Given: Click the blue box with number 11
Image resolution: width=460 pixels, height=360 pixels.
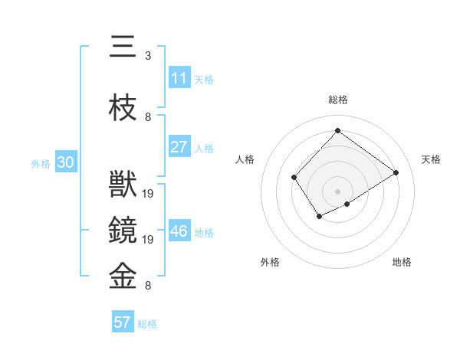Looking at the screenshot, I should click(x=179, y=78).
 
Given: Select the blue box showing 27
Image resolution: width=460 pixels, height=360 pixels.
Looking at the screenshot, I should click(x=179, y=147).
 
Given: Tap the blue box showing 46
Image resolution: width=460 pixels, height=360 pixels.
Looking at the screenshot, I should click(x=179, y=231).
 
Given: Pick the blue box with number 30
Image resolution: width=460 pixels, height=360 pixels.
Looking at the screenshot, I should click(x=65, y=162).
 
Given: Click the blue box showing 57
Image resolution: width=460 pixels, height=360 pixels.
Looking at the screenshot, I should click(x=123, y=322).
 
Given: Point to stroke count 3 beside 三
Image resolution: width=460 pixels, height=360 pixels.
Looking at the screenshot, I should click(x=148, y=56).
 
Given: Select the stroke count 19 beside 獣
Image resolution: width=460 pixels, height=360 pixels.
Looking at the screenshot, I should click(x=149, y=194).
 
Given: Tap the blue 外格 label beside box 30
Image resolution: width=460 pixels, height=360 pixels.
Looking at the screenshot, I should click(x=41, y=163).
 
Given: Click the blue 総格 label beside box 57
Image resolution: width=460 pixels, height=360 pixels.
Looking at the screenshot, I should click(x=147, y=323).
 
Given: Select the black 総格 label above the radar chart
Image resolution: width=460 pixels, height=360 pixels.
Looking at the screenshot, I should click(x=337, y=100).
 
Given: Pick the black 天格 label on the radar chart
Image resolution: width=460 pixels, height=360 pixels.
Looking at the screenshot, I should click(x=431, y=159).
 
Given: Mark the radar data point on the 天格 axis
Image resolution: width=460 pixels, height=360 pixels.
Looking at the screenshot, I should click(x=396, y=172).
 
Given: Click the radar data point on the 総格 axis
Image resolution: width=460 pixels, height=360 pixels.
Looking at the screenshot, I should click(x=337, y=130).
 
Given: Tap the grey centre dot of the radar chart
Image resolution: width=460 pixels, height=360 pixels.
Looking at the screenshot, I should click(x=337, y=191).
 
